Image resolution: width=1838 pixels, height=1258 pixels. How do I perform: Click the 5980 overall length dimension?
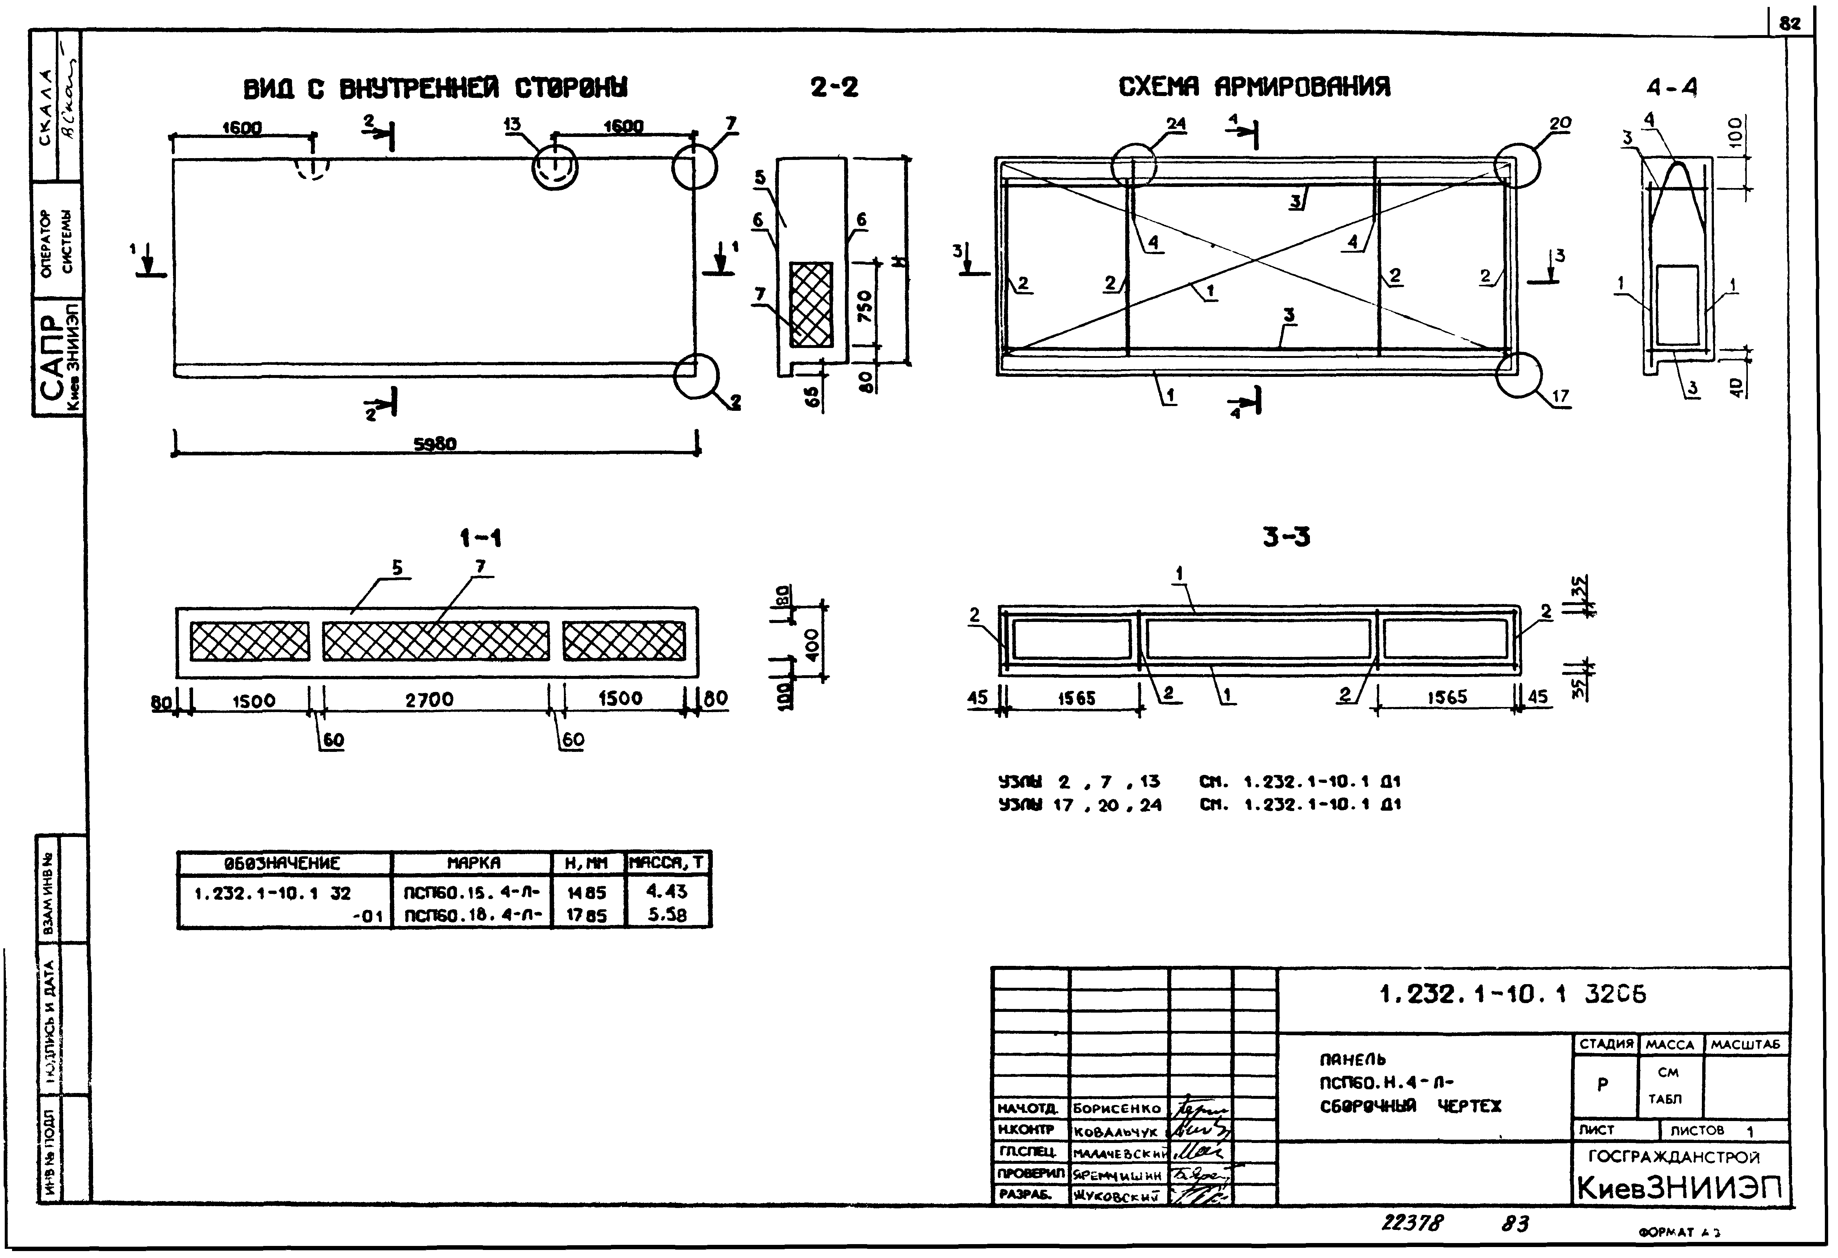[x=435, y=445]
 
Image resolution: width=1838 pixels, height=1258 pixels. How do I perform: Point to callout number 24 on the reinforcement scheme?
[x=1176, y=124]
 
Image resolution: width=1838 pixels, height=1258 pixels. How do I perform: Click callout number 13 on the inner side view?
[x=512, y=124]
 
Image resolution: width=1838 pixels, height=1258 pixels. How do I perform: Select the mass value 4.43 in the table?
[x=667, y=892]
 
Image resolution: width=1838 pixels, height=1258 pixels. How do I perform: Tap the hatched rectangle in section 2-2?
[x=811, y=305]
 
